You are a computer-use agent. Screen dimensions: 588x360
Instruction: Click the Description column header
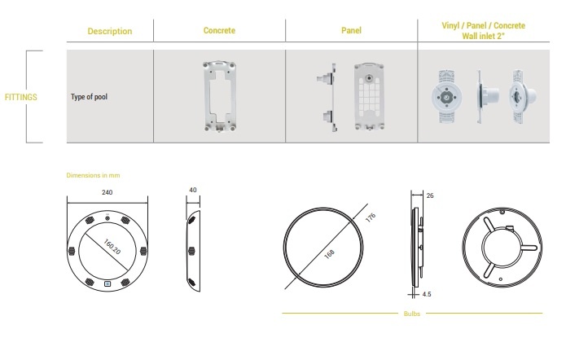pyautogui.click(x=109, y=31)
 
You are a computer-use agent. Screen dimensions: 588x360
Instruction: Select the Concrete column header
pyautogui.click(x=219, y=30)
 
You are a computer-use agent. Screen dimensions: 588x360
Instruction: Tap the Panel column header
pyautogui.click(x=351, y=30)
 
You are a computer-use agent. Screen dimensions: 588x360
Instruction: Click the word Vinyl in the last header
pyautogui.click(x=450, y=25)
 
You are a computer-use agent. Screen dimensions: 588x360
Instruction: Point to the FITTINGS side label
pyautogui.click(x=20, y=97)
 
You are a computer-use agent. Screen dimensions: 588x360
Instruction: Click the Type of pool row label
pyautogui.click(x=89, y=97)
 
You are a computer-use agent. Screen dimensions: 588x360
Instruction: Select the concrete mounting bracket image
pyautogui.click(x=220, y=96)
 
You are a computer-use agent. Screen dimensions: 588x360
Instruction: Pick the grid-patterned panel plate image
pyautogui.click(x=369, y=97)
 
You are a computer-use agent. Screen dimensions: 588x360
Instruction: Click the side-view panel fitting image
pyautogui.click(x=327, y=97)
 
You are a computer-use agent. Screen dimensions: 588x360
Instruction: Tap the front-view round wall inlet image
pyautogui.click(x=446, y=96)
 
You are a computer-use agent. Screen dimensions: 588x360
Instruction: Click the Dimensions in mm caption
pyautogui.click(x=93, y=175)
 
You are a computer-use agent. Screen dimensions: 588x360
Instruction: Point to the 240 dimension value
pyautogui.click(x=108, y=192)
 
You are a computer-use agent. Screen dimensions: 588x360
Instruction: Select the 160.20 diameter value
pyautogui.click(x=112, y=247)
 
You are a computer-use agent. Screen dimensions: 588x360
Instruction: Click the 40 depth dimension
pyautogui.click(x=193, y=190)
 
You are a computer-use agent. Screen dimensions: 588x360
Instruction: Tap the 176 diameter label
pyautogui.click(x=370, y=218)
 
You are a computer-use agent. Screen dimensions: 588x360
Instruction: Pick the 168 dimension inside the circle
pyautogui.click(x=329, y=254)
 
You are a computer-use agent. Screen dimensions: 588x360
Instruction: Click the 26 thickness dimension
pyautogui.click(x=430, y=195)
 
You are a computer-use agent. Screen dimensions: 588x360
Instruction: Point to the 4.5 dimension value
pyautogui.click(x=427, y=294)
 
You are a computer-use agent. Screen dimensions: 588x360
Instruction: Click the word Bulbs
pyautogui.click(x=412, y=314)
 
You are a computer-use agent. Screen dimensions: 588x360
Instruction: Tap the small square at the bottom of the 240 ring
pyautogui.click(x=108, y=284)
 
